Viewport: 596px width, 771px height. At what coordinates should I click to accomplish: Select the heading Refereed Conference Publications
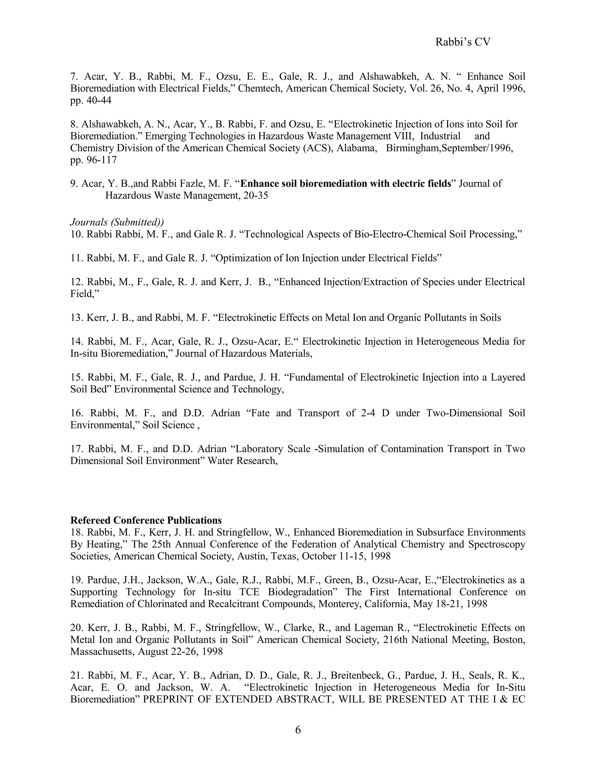pyautogui.click(x=146, y=520)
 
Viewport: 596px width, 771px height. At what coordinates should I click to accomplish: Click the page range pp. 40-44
pyautogui.click(x=91, y=101)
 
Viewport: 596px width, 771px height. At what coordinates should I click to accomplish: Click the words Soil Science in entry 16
pyautogui.click(x=168, y=425)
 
